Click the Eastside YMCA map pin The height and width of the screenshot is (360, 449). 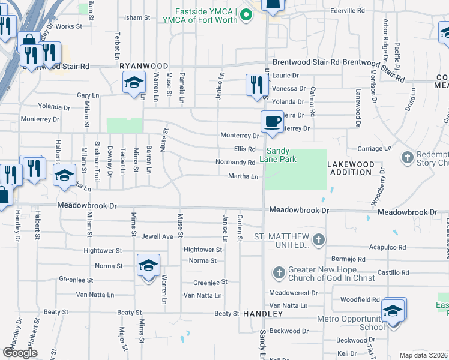pyautogui.click(x=245, y=15)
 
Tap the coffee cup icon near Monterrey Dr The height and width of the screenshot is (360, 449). pyautogui.click(x=272, y=121)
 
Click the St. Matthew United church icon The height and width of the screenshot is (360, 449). pyautogui.click(x=318, y=241)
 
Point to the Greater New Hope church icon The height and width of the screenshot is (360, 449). pyautogui.click(x=279, y=273)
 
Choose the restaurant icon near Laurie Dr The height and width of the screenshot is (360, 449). pyautogui.click(x=255, y=85)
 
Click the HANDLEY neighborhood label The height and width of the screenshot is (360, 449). pyautogui.click(x=262, y=314)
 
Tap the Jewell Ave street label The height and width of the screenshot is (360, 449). pyautogui.click(x=157, y=237)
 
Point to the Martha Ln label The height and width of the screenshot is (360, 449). pyautogui.click(x=243, y=176)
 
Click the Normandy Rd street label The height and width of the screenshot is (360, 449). pyautogui.click(x=235, y=163)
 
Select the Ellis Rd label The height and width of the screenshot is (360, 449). pyautogui.click(x=245, y=149)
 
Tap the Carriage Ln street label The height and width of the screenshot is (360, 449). pyautogui.click(x=375, y=148)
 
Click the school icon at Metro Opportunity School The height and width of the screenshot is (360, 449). pyautogui.click(x=393, y=310)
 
